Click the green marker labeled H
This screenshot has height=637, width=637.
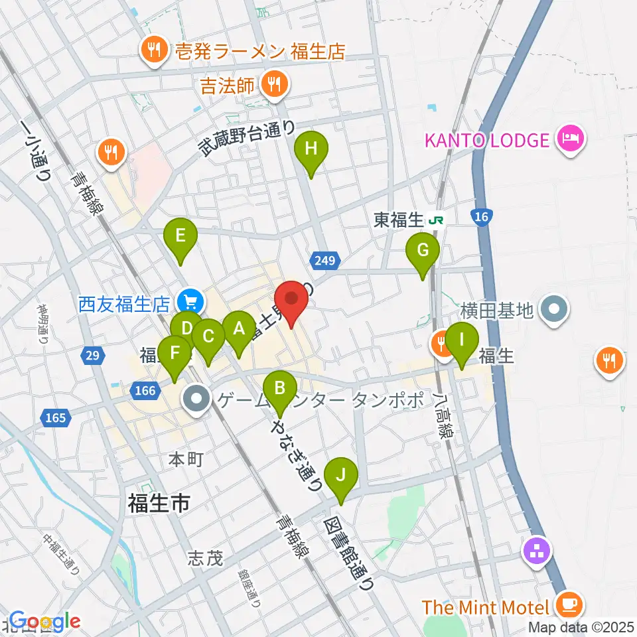click(x=311, y=149)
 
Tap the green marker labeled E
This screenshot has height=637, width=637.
click(x=180, y=236)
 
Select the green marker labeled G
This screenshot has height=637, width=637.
click(x=423, y=251)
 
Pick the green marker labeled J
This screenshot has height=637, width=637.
click(x=341, y=475)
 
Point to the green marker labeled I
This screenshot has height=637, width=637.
click(x=461, y=340)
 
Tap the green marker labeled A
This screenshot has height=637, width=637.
click(x=238, y=328)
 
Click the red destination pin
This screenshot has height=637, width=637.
click(x=291, y=298)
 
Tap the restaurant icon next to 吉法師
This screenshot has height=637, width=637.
click(x=274, y=85)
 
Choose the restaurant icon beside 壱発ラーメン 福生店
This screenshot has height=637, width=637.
click(x=154, y=50)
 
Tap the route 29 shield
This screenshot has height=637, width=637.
click(x=92, y=356)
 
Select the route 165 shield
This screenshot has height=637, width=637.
click(x=56, y=418)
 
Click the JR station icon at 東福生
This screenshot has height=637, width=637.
click(x=436, y=220)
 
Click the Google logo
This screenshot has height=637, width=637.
click(x=44, y=622)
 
